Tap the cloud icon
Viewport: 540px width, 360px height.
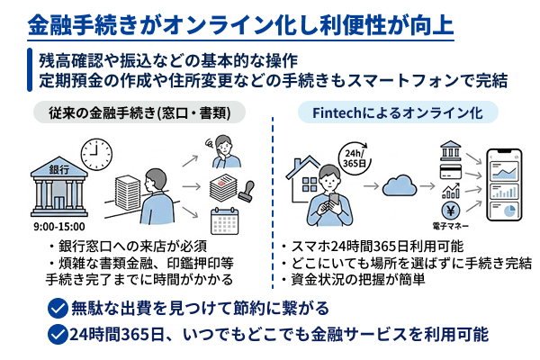397,185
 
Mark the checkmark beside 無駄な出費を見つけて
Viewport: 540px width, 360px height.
58,309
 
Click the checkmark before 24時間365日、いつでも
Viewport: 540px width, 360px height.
58,335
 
